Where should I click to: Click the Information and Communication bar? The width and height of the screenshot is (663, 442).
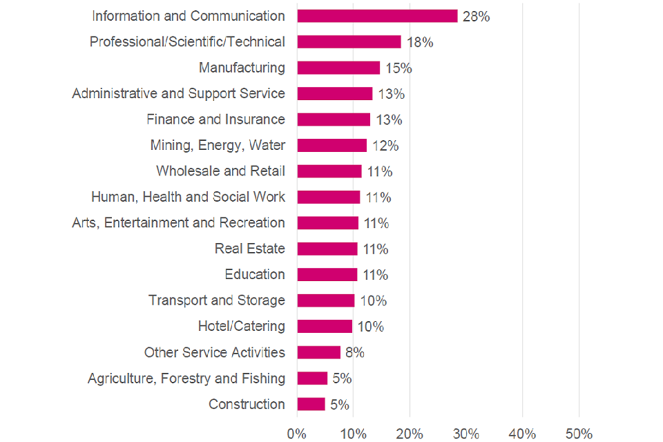377,16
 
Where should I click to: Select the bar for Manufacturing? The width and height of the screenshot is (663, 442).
338,68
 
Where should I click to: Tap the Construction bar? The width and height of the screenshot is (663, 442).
311,404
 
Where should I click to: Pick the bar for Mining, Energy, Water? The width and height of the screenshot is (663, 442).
331,145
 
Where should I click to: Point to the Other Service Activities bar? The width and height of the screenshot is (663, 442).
318,352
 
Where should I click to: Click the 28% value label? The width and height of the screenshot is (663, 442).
476,17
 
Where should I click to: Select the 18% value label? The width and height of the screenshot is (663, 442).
419,43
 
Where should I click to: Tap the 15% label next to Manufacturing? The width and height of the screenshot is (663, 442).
398,68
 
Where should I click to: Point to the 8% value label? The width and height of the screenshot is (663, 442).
354,353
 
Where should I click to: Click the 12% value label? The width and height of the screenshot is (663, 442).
385,146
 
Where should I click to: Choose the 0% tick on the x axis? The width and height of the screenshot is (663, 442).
297,434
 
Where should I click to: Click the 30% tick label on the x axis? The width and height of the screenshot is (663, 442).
466,434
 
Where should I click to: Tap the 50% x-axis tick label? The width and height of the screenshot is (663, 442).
579,434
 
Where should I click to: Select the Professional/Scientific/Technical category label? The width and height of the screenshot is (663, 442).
187,42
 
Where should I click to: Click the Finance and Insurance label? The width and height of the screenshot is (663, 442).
215,119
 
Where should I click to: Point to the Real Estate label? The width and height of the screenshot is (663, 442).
249,249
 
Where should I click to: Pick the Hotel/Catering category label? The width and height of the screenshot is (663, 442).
241,326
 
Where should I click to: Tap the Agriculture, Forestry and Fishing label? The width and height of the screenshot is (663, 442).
186,378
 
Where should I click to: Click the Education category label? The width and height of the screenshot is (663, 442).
254,274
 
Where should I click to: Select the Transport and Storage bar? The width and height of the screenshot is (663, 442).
325,300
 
